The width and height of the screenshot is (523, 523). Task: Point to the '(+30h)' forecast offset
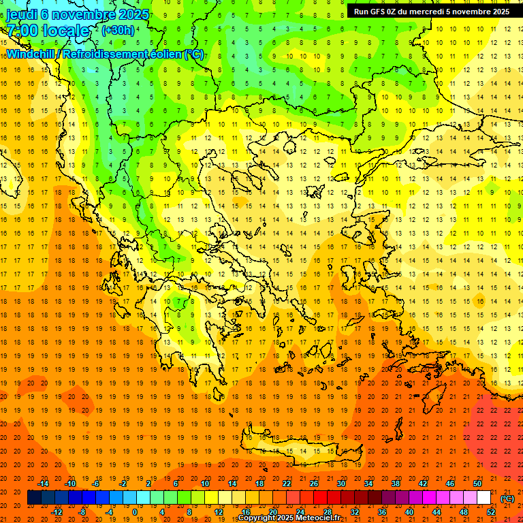pos(118,31)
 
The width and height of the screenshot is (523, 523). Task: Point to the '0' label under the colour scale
pos(134,512)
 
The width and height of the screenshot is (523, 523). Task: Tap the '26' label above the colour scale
pos(314,484)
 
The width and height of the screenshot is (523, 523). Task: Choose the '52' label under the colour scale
pos(491,512)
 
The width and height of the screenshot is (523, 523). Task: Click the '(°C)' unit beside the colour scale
pos(507,498)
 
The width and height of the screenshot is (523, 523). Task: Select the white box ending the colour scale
pos(484,498)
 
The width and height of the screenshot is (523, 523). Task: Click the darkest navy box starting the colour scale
pos(34,498)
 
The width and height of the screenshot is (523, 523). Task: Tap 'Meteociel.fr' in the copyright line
pos(323,518)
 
